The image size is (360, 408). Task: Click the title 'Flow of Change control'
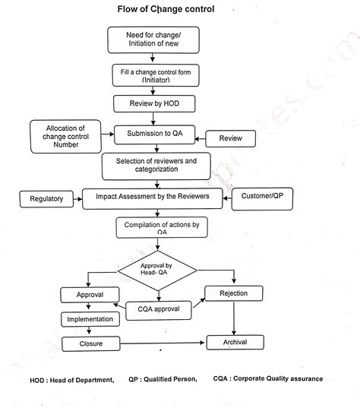[166, 10]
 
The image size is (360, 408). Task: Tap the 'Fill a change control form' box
[155, 74]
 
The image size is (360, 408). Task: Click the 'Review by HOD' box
[154, 103]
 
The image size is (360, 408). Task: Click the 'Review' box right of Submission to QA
[231, 139]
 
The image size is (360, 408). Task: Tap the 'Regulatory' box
[47, 199]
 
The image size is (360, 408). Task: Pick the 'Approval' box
[90, 294]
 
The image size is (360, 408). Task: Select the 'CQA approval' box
[159, 308]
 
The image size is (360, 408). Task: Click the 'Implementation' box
[90, 320]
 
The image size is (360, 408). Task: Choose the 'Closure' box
[90, 344]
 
